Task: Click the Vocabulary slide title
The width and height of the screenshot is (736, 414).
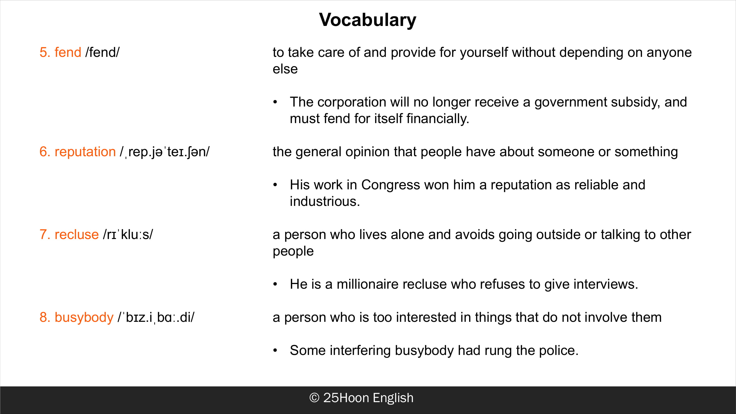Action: click(368, 20)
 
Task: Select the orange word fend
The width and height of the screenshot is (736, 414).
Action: click(68, 52)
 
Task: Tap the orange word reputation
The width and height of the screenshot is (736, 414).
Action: click(85, 152)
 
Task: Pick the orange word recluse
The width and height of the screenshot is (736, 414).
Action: click(76, 235)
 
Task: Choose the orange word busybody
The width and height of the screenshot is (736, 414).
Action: click(84, 317)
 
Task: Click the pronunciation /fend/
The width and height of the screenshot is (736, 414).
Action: click(102, 52)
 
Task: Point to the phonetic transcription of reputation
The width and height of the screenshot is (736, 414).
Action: click(164, 152)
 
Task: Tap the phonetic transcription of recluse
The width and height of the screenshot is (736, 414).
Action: click(128, 235)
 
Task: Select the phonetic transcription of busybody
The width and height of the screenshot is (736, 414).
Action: click(156, 317)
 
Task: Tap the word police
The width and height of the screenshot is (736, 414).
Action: click(559, 351)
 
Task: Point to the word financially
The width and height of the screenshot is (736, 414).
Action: click(438, 119)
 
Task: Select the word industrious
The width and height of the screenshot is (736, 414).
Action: click(325, 201)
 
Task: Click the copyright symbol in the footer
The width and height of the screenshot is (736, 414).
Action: click(314, 398)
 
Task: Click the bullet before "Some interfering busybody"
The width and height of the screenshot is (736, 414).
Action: click(275, 351)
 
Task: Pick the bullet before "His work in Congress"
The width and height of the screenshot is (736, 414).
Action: click(275, 185)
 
